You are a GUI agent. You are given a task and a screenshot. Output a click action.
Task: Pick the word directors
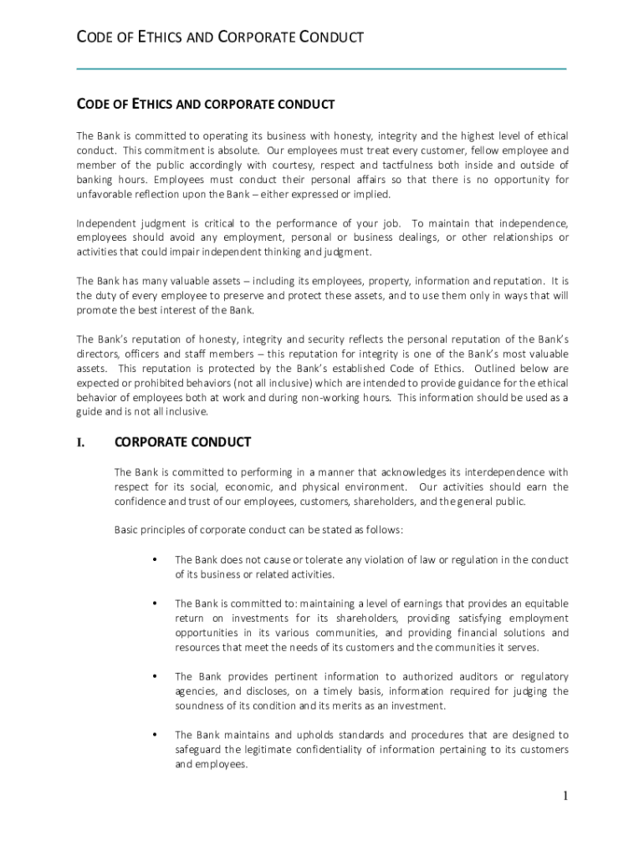coord(98,354)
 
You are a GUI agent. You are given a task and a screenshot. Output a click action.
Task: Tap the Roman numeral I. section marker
coord(81,442)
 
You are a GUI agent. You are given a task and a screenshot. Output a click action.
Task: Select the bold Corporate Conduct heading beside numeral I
coord(182,441)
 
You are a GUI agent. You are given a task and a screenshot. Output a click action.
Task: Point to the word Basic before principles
coord(127,530)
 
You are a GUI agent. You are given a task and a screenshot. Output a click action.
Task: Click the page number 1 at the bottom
coord(565,796)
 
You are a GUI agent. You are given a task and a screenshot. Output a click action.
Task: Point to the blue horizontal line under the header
coord(321,68)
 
